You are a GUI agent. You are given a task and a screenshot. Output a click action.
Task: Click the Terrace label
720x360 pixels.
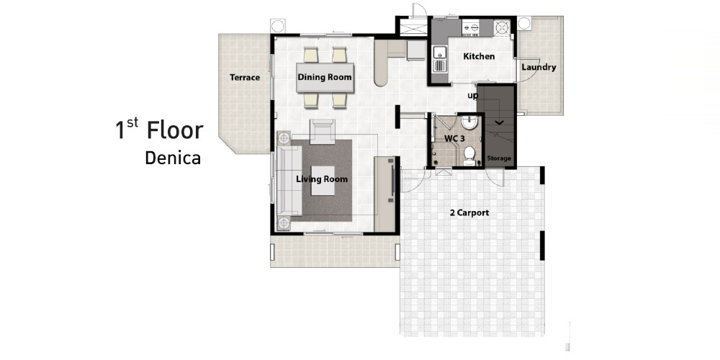[245, 78]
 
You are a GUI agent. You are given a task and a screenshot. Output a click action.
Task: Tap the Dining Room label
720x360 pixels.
[325, 77]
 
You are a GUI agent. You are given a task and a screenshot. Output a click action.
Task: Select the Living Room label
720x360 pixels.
[321, 179]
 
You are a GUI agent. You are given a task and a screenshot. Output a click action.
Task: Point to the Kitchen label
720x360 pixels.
[479, 56]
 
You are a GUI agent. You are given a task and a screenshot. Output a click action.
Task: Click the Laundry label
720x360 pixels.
[539, 67]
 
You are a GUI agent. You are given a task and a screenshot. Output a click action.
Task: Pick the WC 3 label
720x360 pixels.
[454, 138]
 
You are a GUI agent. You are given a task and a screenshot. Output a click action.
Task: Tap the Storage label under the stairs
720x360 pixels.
[499, 158]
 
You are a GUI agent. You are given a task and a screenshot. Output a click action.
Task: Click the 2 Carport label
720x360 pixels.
[469, 212]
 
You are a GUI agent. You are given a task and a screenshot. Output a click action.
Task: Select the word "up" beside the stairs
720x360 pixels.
[472, 96]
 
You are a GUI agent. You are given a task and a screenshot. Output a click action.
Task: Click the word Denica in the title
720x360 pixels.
[173, 158]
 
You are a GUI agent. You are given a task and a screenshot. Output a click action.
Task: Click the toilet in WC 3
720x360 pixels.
[469, 156]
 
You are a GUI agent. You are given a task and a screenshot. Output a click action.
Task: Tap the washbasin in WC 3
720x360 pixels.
[469, 122]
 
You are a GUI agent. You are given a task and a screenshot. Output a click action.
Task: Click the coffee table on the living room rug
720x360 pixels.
[323, 181]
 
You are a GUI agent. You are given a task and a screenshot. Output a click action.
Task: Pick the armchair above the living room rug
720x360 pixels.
[323, 132]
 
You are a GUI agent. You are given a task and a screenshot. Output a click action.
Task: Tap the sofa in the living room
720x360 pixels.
[289, 181]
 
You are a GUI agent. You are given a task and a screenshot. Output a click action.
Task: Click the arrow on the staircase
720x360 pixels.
[499, 122]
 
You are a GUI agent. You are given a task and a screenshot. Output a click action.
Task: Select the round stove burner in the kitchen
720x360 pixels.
[503, 27]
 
